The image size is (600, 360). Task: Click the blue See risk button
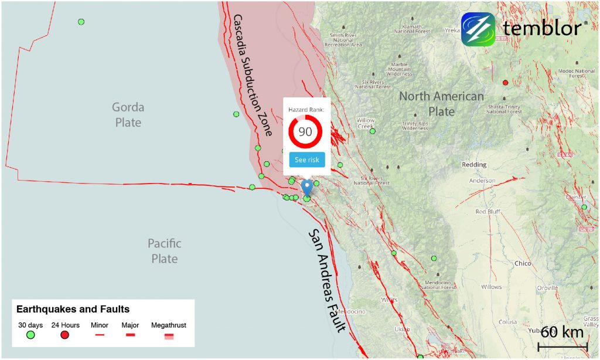click(x=306, y=159)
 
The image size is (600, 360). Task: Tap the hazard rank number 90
click(x=305, y=131)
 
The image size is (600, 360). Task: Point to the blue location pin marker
click(x=306, y=188)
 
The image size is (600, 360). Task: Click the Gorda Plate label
click(x=128, y=115)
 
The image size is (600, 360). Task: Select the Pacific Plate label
click(x=164, y=251)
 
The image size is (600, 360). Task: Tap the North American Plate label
click(x=442, y=104)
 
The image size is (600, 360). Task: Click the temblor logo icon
click(x=478, y=29)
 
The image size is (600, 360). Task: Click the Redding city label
click(x=474, y=165)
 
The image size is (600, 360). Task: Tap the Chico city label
click(x=523, y=264)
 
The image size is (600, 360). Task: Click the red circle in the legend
click(x=65, y=335)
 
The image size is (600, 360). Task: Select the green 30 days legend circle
click(x=31, y=335)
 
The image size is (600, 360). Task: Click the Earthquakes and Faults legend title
click(x=73, y=309)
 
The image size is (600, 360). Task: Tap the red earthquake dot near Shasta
click(x=505, y=83)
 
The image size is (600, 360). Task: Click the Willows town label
click(x=491, y=287)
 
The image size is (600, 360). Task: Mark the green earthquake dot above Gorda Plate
click(x=81, y=22)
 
